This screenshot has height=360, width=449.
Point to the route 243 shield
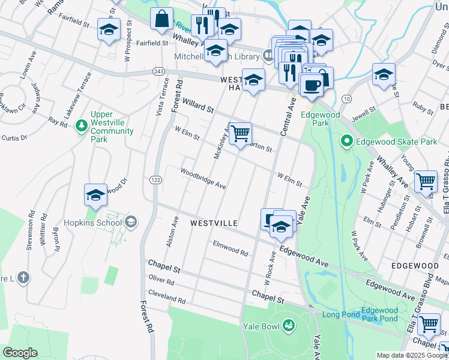coord(158,71)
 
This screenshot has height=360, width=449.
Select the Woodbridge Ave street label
coord(203,178)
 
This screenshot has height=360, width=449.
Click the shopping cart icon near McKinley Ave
coord(240,133)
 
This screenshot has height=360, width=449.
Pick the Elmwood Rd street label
coord(231,248)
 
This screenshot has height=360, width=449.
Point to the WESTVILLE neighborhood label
coord(214,223)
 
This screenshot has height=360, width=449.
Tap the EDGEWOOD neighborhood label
coord(415,265)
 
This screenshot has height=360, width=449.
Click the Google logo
coord(20,353)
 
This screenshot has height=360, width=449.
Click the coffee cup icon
coord(311,85)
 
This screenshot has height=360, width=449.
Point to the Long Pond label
coord(341,314)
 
